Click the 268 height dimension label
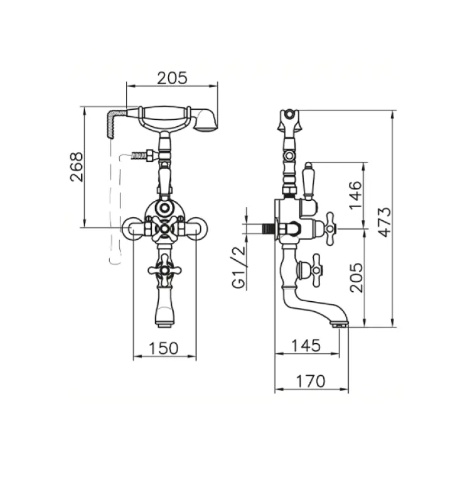(x=76, y=167)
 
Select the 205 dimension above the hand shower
(x=172, y=78)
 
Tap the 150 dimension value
(x=164, y=347)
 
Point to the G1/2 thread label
(x=239, y=267)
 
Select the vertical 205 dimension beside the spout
(x=356, y=277)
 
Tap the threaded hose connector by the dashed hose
(x=142, y=154)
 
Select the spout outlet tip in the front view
(x=164, y=324)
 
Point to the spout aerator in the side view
(x=339, y=324)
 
